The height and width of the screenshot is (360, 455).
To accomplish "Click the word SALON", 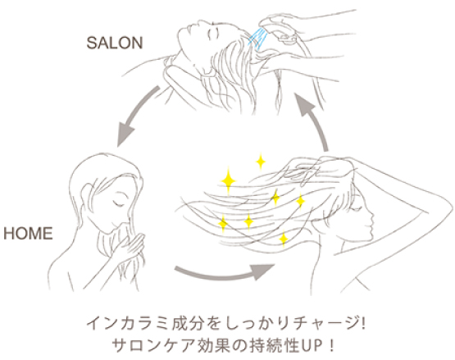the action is pos(115,43).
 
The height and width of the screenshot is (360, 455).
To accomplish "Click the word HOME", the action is pos(28,233).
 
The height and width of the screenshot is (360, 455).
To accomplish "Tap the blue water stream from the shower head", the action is pos(258,39).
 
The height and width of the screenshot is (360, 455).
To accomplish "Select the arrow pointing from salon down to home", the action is pos(135,116).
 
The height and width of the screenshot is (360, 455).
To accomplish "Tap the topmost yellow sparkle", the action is pos(261,161).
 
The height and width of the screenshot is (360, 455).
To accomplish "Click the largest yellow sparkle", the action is pos(229,180).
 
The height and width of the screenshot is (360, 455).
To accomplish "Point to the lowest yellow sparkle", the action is pos(283,239).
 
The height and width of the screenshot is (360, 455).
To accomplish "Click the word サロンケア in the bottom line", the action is pos(153,345).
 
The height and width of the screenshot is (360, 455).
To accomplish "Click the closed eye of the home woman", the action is pos(118,203).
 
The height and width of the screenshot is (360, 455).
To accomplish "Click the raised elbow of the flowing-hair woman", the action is pos(448,205).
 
